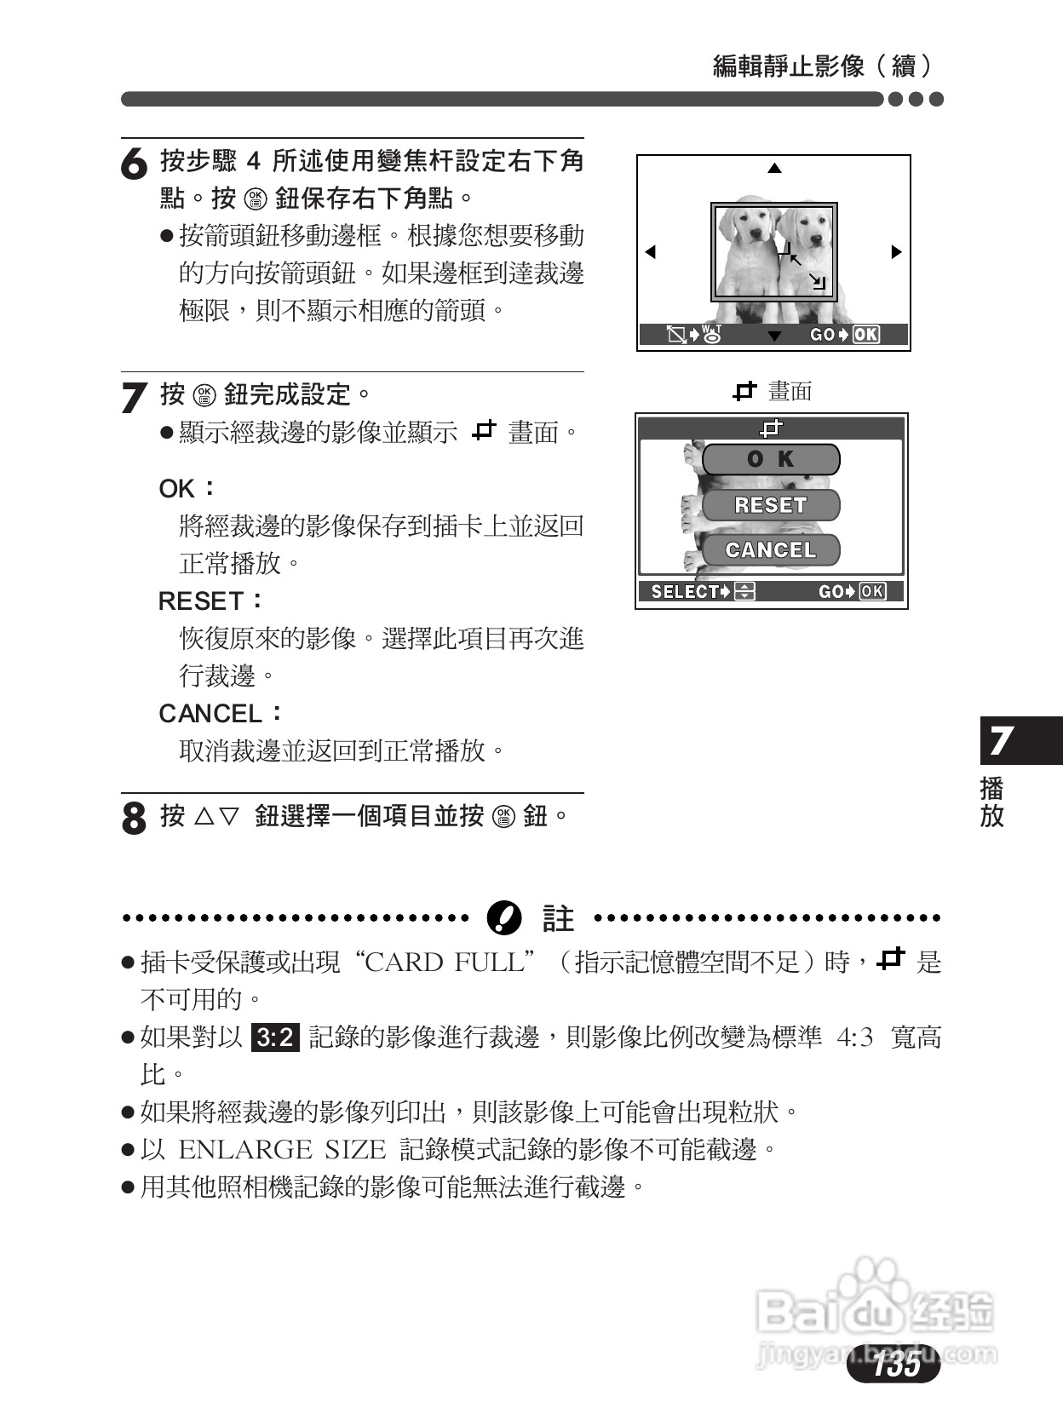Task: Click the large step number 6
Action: pyautogui.click(x=134, y=164)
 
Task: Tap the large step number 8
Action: pyautogui.click(x=134, y=818)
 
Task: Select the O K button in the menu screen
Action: pyautogui.click(x=771, y=460)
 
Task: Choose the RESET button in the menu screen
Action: pyautogui.click(x=771, y=505)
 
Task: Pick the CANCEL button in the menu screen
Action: pyautogui.click(x=771, y=550)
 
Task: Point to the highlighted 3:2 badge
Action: pyautogui.click(x=275, y=1038)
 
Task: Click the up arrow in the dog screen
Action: pyautogui.click(x=773, y=169)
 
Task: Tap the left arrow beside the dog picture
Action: pyautogui.click(x=651, y=252)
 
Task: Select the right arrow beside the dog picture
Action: pyautogui.click(x=896, y=252)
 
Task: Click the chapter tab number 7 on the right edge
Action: pyautogui.click(x=1002, y=741)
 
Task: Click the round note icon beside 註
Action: pyautogui.click(x=503, y=918)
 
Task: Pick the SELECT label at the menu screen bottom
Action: pyautogui.click(x=684, y=592)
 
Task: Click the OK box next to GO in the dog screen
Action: pyautogui.click(x=866, y=335)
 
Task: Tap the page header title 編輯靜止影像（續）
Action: pyautogui.click(x=823, y=66)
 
